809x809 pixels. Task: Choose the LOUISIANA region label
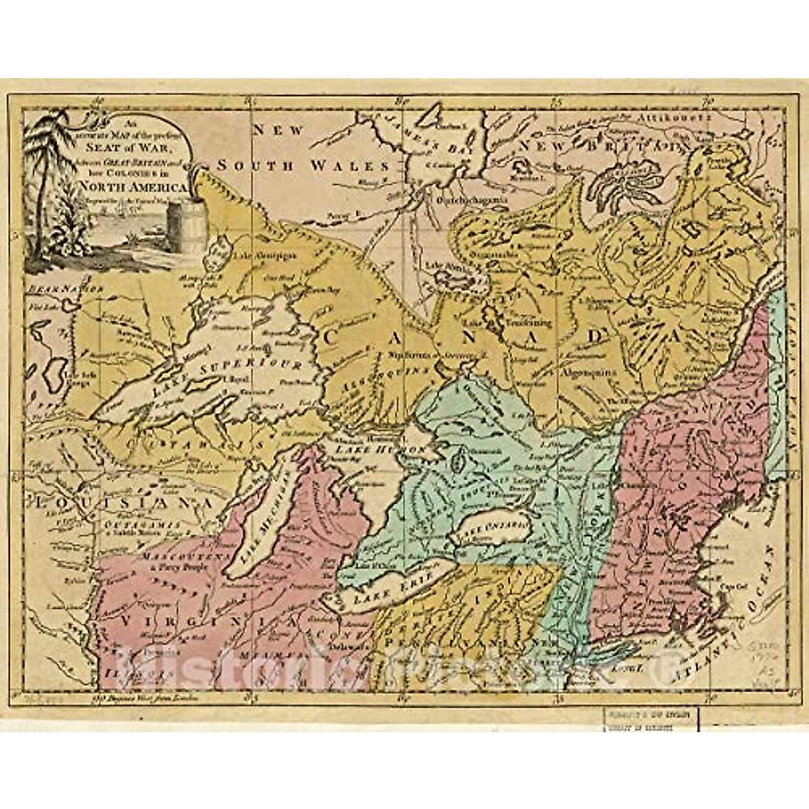[115, 503]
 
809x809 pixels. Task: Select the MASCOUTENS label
[177, 558]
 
